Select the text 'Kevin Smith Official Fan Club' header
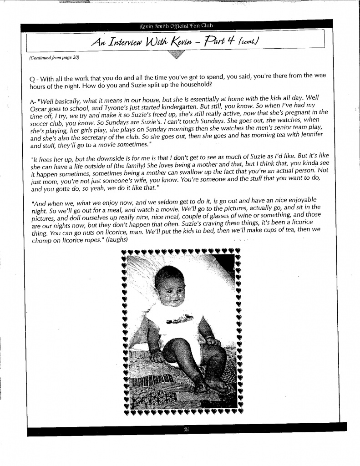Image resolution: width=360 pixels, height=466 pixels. (x=180, y=25)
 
